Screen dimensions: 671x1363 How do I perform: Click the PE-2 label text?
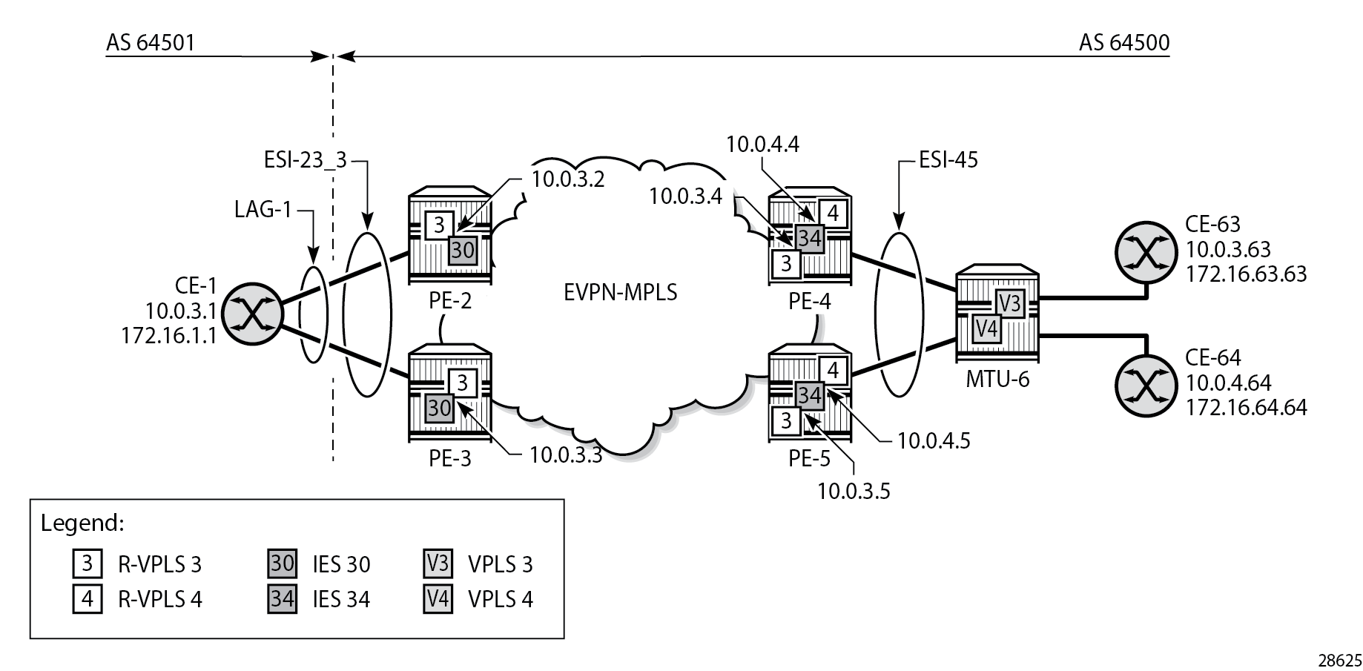(x=450, y=301)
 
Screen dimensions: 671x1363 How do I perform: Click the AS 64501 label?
(x=151, y=43)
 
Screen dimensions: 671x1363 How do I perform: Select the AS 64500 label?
(x=1123, y=43)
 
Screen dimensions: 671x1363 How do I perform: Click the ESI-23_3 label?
(x=305, y=159)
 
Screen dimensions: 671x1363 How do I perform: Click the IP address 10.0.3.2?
(x=567, y=179)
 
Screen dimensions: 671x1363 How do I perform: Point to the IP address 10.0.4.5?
(x=934, y=440)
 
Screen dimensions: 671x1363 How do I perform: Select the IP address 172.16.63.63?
(x=1246, y=274)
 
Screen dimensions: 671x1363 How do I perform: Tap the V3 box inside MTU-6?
(x=1009, y=303)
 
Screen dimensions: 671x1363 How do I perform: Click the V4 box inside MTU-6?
(x=986, y=328)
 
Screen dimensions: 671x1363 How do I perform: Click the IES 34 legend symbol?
(x=283, y=598)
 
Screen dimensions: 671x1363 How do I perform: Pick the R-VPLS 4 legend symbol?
(x=87, y=598)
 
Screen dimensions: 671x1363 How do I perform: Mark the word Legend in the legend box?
(x=82, y=523)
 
